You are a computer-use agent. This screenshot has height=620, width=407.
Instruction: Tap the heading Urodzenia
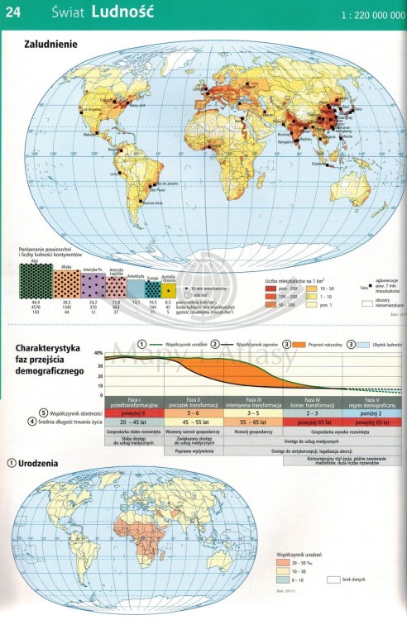(38, 463)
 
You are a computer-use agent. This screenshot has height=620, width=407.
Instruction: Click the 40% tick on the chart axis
(98, 353)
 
